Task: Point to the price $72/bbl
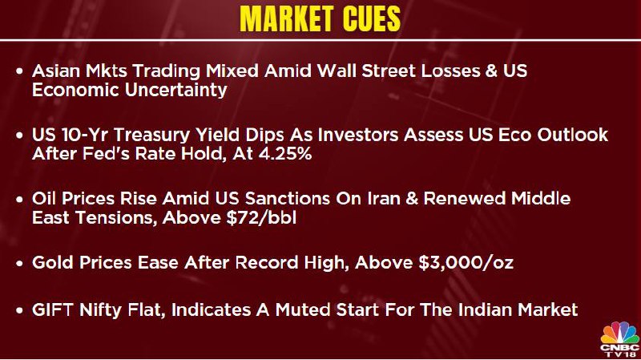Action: [261, 217]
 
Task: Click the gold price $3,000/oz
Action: [466, 262]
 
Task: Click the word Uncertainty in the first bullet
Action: [175, 91]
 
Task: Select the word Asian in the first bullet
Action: [56, 71]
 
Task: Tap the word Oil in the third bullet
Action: [44, 198]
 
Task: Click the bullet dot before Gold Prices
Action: [19, 264]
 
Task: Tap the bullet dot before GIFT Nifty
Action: [19, 311]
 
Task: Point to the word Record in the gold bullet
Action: [266, 262]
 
